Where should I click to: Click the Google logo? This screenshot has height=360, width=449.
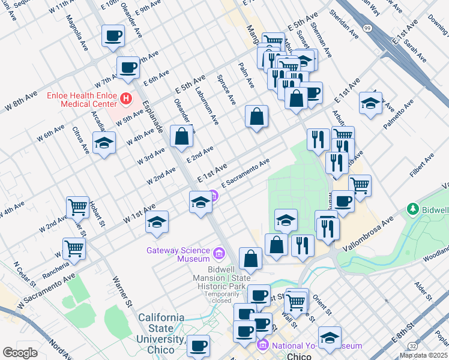[20, 353]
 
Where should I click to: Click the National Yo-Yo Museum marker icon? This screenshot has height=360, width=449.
[262, 346]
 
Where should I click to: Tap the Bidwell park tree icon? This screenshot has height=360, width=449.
[412, 209]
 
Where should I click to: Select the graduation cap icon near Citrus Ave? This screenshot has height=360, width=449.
[104, 143]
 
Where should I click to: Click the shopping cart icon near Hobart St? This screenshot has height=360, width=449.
[77, 207]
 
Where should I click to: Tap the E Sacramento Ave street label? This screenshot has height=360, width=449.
[246, 173]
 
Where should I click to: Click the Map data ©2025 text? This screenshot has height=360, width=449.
[424, 355]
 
